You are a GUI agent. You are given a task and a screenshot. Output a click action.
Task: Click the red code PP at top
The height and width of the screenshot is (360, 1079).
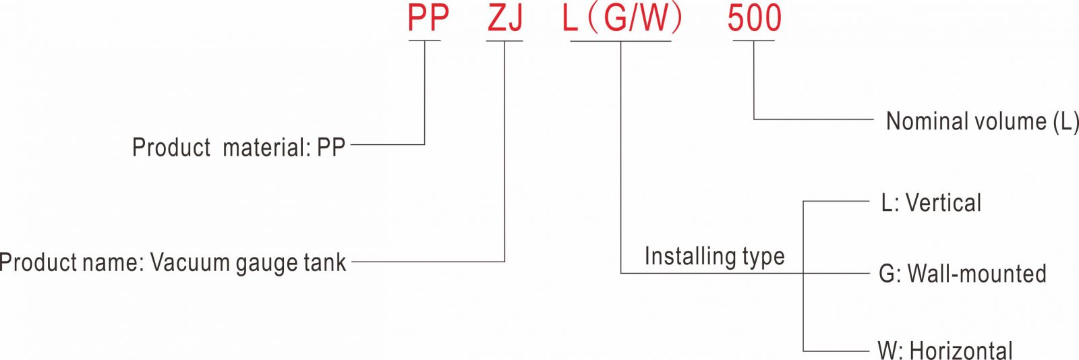pyautogui.click(x=428, y=18)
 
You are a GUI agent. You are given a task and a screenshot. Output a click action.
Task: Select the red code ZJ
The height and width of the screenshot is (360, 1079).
pyautogui.click(x=505, y=18)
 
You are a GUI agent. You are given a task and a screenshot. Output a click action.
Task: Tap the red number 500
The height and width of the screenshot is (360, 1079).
pyautogui.click(x=754, y=18)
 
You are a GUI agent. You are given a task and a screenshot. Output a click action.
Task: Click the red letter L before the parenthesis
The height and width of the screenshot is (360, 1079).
pyautogui.click(x=571, y=19)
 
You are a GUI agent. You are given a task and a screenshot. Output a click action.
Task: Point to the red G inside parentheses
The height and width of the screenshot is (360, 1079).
pyautogui.click(x=616, y=19)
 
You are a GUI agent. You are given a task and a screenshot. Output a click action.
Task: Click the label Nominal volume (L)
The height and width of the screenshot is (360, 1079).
pyautogui.click(x=982, y=121)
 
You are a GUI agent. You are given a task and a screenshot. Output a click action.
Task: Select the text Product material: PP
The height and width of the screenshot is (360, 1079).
pyautogui.click(x=239, y=147)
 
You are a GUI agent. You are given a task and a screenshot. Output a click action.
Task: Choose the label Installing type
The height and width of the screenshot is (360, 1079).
pyautogui.click(x=714, y=256)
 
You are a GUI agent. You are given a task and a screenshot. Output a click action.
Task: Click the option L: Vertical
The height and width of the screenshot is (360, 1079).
pyautogui.click(x=931, y=203)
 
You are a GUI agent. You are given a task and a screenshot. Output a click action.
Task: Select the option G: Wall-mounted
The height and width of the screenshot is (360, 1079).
pyautogui.click(x=962, y=274)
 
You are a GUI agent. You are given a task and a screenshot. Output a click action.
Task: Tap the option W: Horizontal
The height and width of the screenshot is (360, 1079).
pyautogui.click(x=945, y=351)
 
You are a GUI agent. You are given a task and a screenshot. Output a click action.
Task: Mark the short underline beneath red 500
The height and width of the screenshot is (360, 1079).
pyautogui.click(x=753, y=41)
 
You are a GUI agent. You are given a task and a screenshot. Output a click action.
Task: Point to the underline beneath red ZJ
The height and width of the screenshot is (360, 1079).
pyautogui.click(x=504, y=41)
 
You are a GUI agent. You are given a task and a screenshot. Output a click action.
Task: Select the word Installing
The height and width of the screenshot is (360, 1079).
pyautogui.click(x=680, y=256)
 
